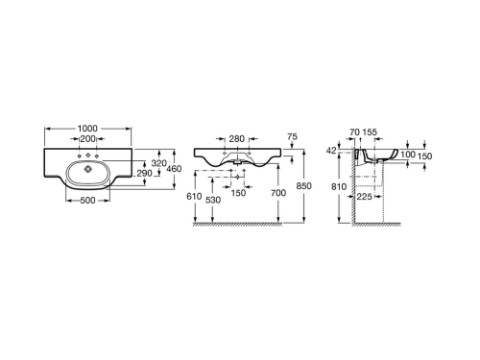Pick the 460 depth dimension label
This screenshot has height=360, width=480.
(x=176, y=169)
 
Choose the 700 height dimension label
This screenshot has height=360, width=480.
(x=280, y=193)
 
